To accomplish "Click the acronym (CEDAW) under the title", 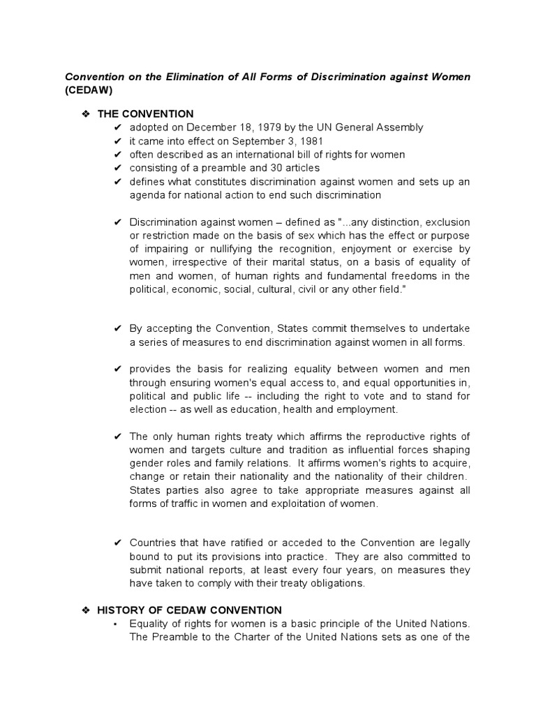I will point(88,91).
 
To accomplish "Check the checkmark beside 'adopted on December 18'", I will point(118,128).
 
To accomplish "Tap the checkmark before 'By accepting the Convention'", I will point(118,328).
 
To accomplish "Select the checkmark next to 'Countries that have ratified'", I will point(118,543).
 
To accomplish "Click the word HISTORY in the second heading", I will point(122,610).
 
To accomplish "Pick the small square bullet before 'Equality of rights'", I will point(117,624).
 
